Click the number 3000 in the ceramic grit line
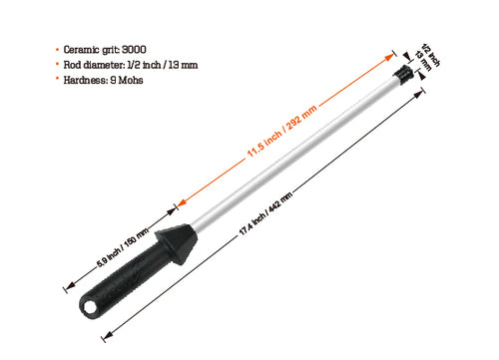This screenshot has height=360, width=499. coord(135,49)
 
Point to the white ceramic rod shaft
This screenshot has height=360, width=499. coord(299,150)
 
